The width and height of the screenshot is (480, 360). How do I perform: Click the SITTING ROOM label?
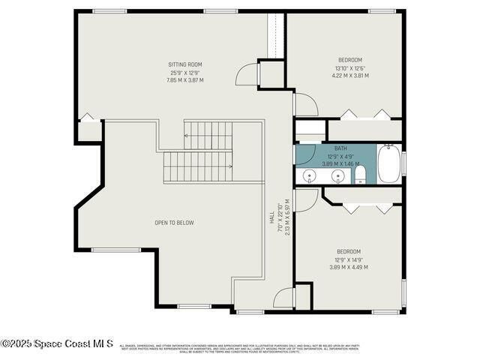184,64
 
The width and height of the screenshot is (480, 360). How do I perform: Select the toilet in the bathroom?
360,175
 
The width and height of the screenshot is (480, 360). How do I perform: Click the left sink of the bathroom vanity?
310,177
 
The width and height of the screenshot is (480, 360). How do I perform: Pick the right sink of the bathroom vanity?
338,177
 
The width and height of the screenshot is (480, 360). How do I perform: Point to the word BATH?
340,148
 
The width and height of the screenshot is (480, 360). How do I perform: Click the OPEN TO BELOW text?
175,223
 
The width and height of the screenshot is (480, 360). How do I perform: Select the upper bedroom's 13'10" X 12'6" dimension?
351,68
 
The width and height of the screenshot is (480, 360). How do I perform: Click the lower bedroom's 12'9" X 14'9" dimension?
348,259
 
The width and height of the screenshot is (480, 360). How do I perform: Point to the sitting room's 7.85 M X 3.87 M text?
184,79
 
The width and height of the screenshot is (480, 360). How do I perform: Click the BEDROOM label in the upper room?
350,60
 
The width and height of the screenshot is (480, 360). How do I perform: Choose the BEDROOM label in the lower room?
348,251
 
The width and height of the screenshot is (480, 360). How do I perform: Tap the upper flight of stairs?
208,136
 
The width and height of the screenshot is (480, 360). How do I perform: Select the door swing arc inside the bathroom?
304,154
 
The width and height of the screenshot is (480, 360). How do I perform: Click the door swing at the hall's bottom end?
283,299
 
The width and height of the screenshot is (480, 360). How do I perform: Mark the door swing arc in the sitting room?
247,74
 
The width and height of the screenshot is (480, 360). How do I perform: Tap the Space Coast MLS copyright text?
57,343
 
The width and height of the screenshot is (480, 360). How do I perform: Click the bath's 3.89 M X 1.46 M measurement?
340,163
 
